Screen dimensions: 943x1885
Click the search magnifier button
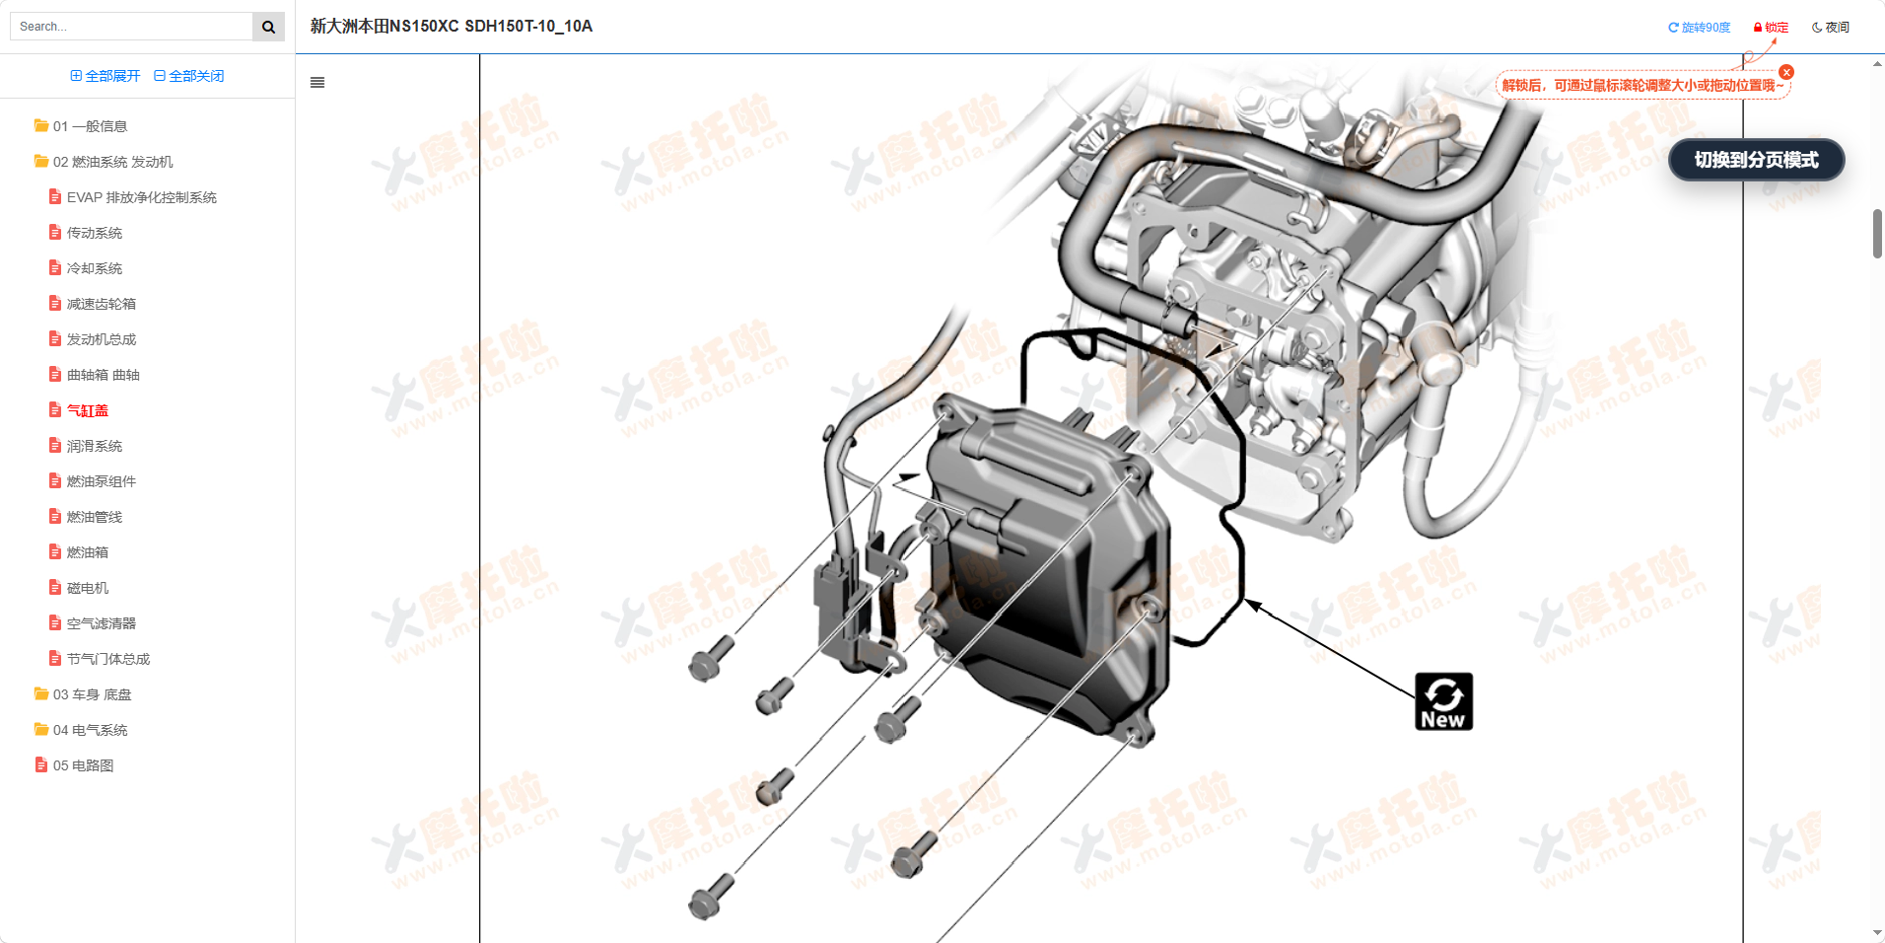tap(268, 27)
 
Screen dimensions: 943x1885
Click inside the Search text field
tap(132, 27)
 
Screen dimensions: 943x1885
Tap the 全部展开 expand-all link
tap(105, 76)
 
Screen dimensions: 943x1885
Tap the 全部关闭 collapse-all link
tap(189, 76)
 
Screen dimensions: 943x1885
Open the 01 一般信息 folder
tap(89, 126)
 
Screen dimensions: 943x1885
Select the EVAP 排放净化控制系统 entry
tap(141, 197)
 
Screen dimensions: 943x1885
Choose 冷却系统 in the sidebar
tap(94, 268)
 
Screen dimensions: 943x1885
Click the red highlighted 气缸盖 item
tap(87, 410)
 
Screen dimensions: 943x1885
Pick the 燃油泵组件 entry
tap(101, 481)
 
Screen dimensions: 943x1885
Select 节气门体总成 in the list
tap(107, 659)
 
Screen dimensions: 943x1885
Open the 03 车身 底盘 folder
tap(91, 694)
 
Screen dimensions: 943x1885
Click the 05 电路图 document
tap(83, 765)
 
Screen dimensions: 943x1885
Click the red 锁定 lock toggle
tap(1771, 28)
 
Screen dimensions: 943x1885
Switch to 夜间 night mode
tap(1831, 28)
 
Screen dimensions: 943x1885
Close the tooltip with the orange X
tap(1786, 72)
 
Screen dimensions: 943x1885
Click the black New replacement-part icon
tap(1443, 701)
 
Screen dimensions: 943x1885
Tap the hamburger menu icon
tap(317, 83)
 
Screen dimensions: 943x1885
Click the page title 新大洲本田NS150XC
tap(451, 27)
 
